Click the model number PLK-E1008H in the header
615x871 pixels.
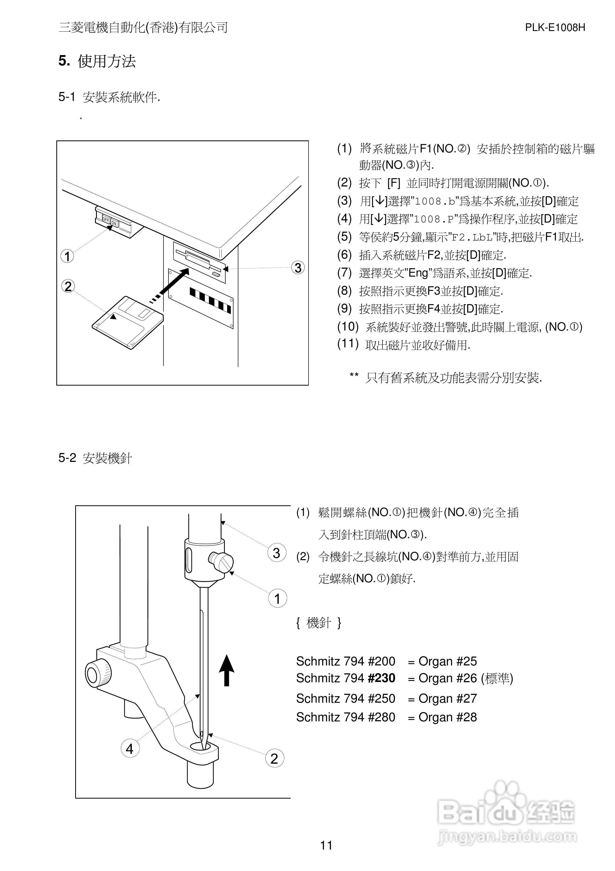coord(555,28)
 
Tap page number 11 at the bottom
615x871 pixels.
coord(326,845)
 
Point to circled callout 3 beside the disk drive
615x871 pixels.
coord(298,267)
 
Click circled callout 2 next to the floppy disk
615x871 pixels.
coord(68,286)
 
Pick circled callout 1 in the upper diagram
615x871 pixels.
coord(67,257)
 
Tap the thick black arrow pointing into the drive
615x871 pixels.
coord(174,281)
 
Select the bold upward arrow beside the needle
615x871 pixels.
coord(226,670)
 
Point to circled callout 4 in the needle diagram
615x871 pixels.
coord(130,749)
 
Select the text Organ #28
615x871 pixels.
coord(447,717)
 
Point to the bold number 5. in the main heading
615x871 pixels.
coord(64,61)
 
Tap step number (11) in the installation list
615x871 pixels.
coord(348,344)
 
